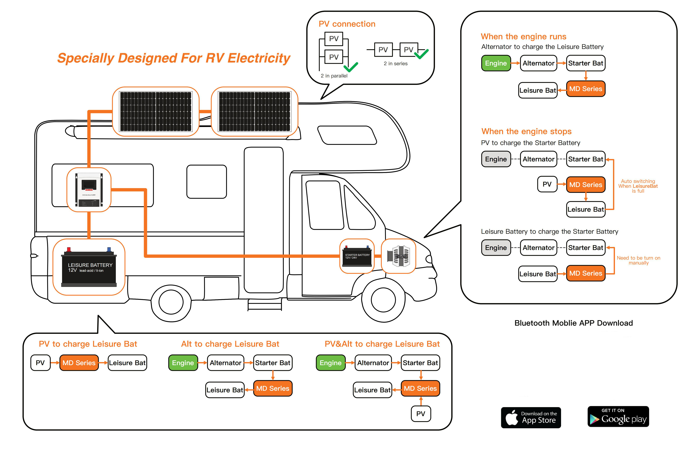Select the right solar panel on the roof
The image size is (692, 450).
[x=254, y=112]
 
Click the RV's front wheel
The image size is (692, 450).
[x=383, y=300]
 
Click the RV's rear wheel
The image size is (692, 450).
[x=171, y=302]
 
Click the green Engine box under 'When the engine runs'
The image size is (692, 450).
[x=496, y=63]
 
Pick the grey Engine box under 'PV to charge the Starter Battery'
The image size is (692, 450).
[x=496, y=159]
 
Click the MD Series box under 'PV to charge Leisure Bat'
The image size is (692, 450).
[x=79, y=362]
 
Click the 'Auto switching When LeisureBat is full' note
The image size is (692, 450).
[x=638, y=186]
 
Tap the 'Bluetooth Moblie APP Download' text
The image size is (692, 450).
[x=573, y=323]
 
